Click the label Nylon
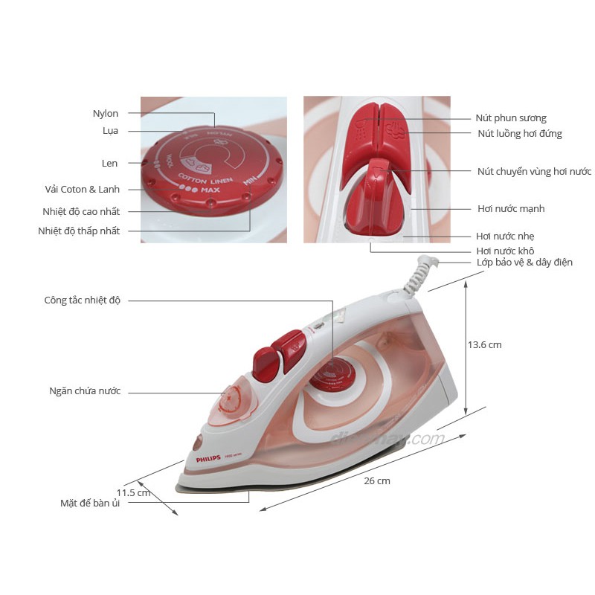105,114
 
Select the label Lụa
110,131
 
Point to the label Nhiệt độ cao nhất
81,211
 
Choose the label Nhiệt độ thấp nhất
79,231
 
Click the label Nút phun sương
511,118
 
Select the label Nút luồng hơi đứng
519,134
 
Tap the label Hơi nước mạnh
510,209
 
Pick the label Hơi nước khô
505,251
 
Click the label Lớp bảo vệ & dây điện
524,263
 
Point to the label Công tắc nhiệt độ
82,300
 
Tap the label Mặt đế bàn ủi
90,504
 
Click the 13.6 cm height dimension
484,345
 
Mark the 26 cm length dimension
377,481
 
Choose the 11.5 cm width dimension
133,492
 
